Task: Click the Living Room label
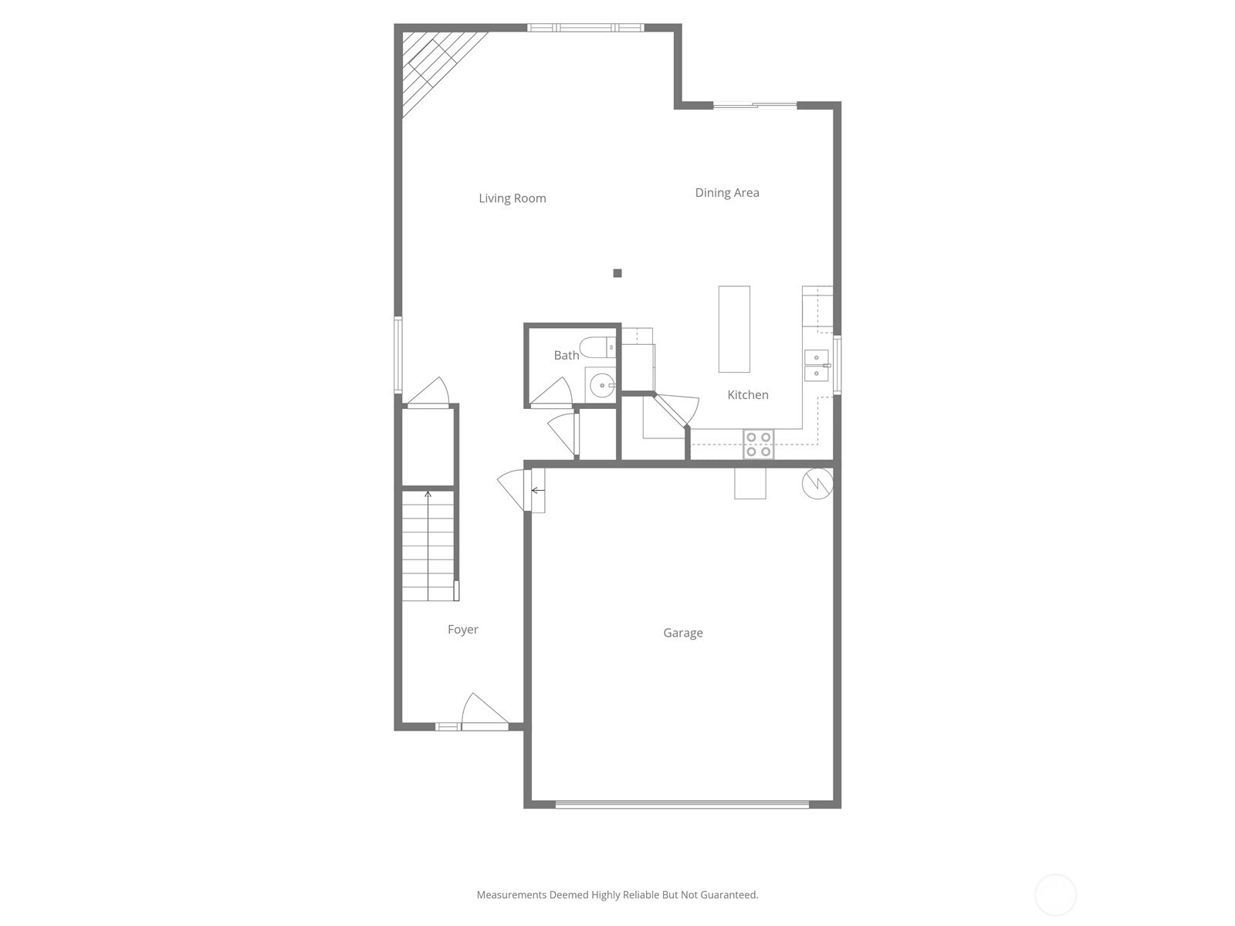pos(512,198)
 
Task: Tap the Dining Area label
pos(727,193)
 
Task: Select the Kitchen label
pos(748,394)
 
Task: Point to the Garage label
pos(683,633)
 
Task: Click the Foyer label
pos(462,630)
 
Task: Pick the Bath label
pos(566,355)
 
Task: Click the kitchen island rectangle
pos(734,329)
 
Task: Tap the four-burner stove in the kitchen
pos(759,444)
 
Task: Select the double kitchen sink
pos(817,366)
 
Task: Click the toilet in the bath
pos(597,347)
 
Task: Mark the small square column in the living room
pos(617,273)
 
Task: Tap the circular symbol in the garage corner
pos(817,484)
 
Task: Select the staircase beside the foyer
pos(428,546)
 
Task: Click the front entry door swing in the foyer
pos(483,711)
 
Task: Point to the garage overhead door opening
pos(682,805)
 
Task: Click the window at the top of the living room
pos(585,28)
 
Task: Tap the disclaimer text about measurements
pos(617,894)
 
